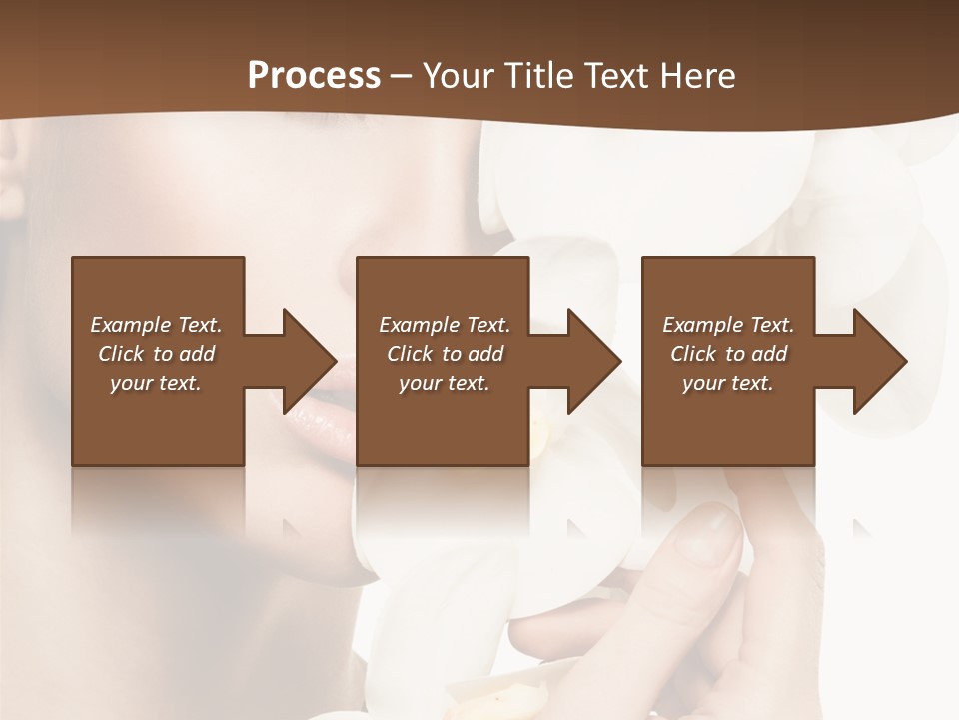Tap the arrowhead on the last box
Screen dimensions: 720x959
click(873, 361)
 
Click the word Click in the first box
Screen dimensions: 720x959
click(121, 354)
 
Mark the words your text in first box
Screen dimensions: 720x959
click(156, 383)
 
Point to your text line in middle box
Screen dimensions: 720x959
click(444, 383)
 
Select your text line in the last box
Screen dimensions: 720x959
click(727, 383)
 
